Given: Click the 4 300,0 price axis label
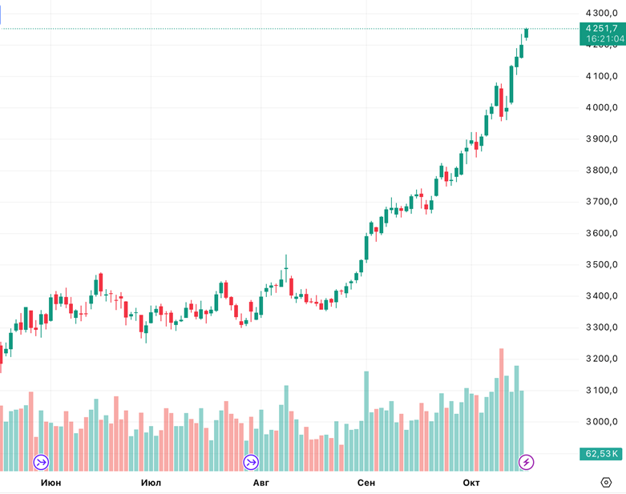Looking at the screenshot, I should [601, 13].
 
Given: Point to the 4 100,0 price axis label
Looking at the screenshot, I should [601, 76].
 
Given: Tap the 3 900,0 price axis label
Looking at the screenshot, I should [601, 139].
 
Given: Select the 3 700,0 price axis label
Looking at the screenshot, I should [601, 202].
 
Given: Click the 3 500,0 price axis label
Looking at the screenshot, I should [601, 264].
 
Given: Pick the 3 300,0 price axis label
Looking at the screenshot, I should [601, 327].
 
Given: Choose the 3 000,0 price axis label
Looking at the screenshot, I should [601, 421].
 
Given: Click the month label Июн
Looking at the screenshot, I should [50, 482].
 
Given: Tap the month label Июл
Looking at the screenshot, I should [151, 482].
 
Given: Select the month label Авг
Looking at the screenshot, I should [261, 482].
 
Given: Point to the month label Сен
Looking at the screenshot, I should [366, 482].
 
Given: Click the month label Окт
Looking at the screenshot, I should [471, 482].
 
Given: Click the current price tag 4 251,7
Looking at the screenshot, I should [602, 28].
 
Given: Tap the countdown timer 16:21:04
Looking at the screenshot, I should [602, 38].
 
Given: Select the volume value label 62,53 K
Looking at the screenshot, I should [602, 454].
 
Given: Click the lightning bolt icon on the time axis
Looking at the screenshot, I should [527, 462].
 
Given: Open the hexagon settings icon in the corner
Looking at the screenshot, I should [607, 482].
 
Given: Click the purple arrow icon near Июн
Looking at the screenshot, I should [41, 462].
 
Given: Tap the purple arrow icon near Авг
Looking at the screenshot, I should [251, 462].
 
